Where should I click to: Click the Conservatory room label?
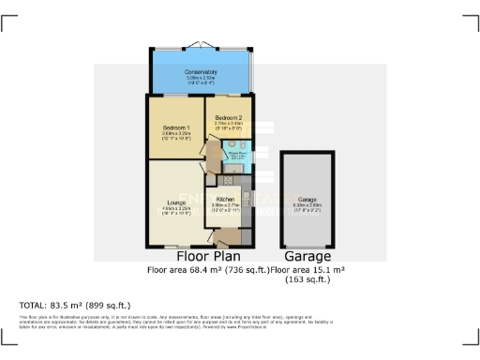[x=201, y=71]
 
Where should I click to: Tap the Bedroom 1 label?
[x=176, y=127]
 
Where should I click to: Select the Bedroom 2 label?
[x=228, y=117]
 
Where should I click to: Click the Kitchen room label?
[x=226, y=199]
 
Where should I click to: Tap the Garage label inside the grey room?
[x=307, y=200]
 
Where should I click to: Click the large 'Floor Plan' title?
[x=208, y=256]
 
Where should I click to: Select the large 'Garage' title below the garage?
[x=307, y=256]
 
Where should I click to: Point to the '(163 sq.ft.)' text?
[x=307, y=279]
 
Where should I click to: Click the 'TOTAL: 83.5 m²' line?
[x=75, y=305]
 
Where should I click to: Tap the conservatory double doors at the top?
[x=201, y=46]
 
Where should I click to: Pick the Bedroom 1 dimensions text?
[x=176, y=135]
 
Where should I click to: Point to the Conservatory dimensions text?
[x=201, y=79]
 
